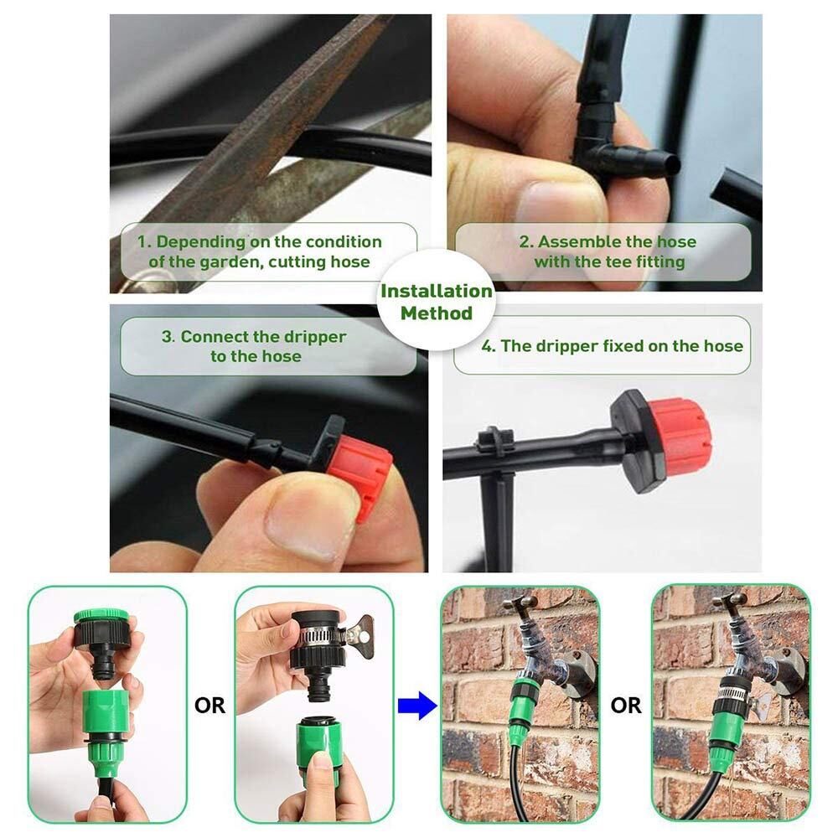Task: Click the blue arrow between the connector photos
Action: pos(417,706)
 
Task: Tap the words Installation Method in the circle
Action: pos(436,302)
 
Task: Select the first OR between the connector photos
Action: pos(209,706)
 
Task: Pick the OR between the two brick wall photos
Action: pos(626,706)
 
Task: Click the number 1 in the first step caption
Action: pos(142,241)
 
